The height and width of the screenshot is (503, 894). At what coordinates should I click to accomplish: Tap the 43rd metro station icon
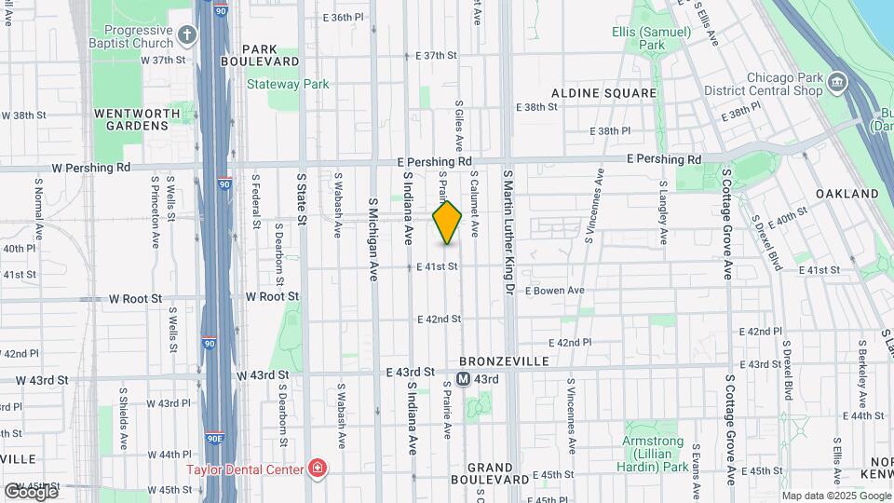coord(463,379)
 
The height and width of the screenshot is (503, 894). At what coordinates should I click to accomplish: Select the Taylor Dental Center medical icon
coord(318,468)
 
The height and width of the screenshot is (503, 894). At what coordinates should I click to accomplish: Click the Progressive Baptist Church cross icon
coord(188,36)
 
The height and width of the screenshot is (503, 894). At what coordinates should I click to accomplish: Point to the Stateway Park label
coord(288,84)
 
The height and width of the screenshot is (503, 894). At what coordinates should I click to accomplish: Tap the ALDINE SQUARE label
coord(603,93)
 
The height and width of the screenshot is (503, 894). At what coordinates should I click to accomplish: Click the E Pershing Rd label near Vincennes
coord(664,160)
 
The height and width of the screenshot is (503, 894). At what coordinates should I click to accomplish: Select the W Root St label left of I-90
coord(136,299)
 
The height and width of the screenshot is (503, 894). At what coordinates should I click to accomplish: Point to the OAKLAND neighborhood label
coord(847,194)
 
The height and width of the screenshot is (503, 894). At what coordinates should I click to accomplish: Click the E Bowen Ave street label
coord(554,291)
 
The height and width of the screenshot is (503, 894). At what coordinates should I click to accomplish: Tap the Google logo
coord(31,491)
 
